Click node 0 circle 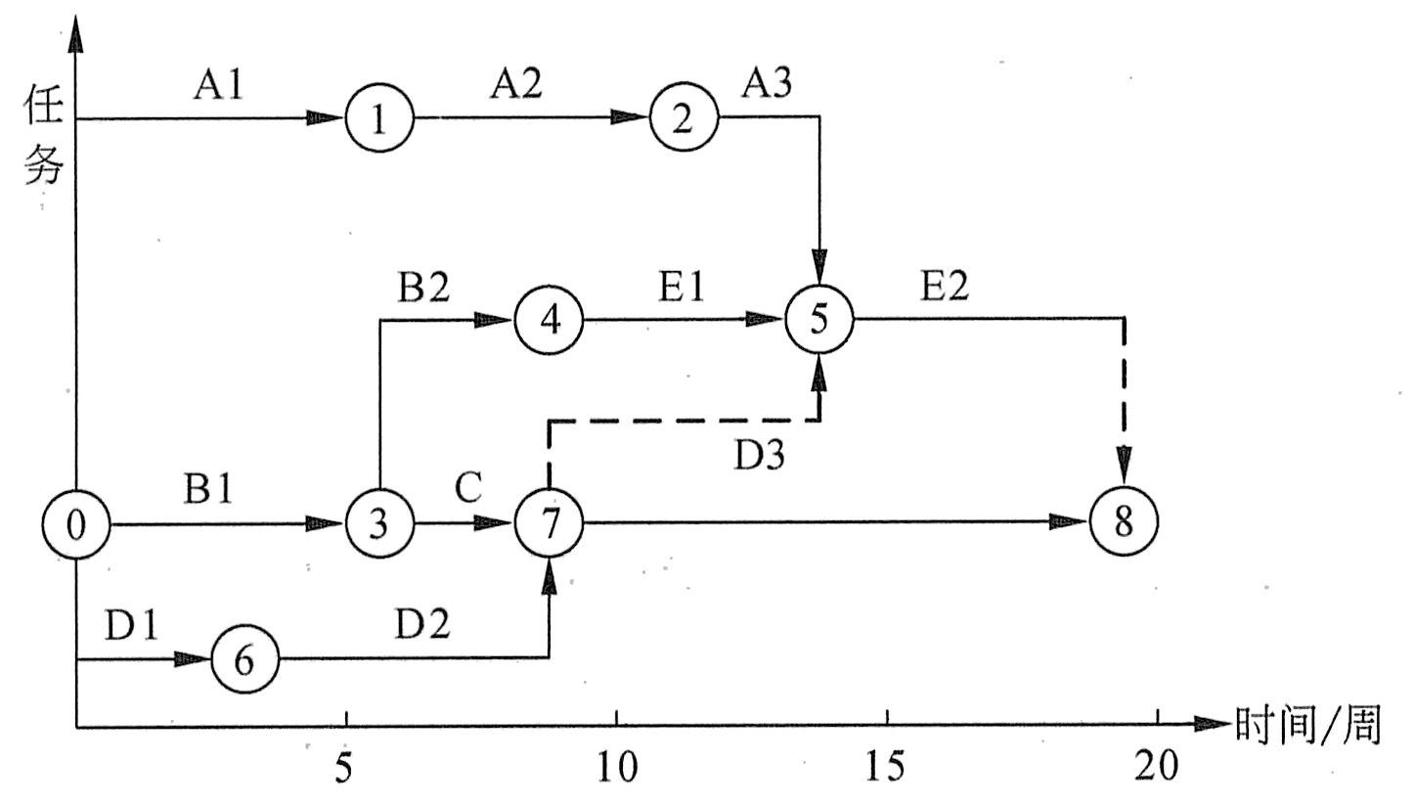pyautogui.click(x=76, y=524)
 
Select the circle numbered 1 pyautogui.click(x=378, y=118)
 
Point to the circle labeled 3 pyautogui.click(x=378, y=524)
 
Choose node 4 pyautogui.click(x=550, y=320)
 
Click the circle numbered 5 pyautogui.click(x=819, y=320)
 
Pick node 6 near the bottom pyautogui.click(x=244, y=659)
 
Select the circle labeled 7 pyautogui.click(x=550, y=524)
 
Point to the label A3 pyautogui.click(x=767, y=86)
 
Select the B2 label pyautogui.click(x=423, y=290)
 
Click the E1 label pyautogui.click(x=682, y=290)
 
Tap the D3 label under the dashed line pyautogui.click(x=759, y=455)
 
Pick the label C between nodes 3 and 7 pyautogui.click(x=468, y=489)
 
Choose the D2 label pyautogui.click(x=423, y=625)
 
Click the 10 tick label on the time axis pyautogui.click(x=616, y=769)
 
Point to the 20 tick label pyautogui.click(x=1158, y=769)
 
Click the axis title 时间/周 pyautogui.click(x=1307, y=726)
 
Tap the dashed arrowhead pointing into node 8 pyautogui.click(x=1125, y=461)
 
